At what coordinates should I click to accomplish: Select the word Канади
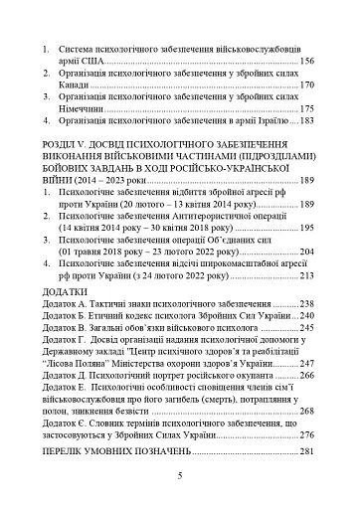76,86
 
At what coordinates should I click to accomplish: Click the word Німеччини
85,109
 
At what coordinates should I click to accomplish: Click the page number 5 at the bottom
180,477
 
